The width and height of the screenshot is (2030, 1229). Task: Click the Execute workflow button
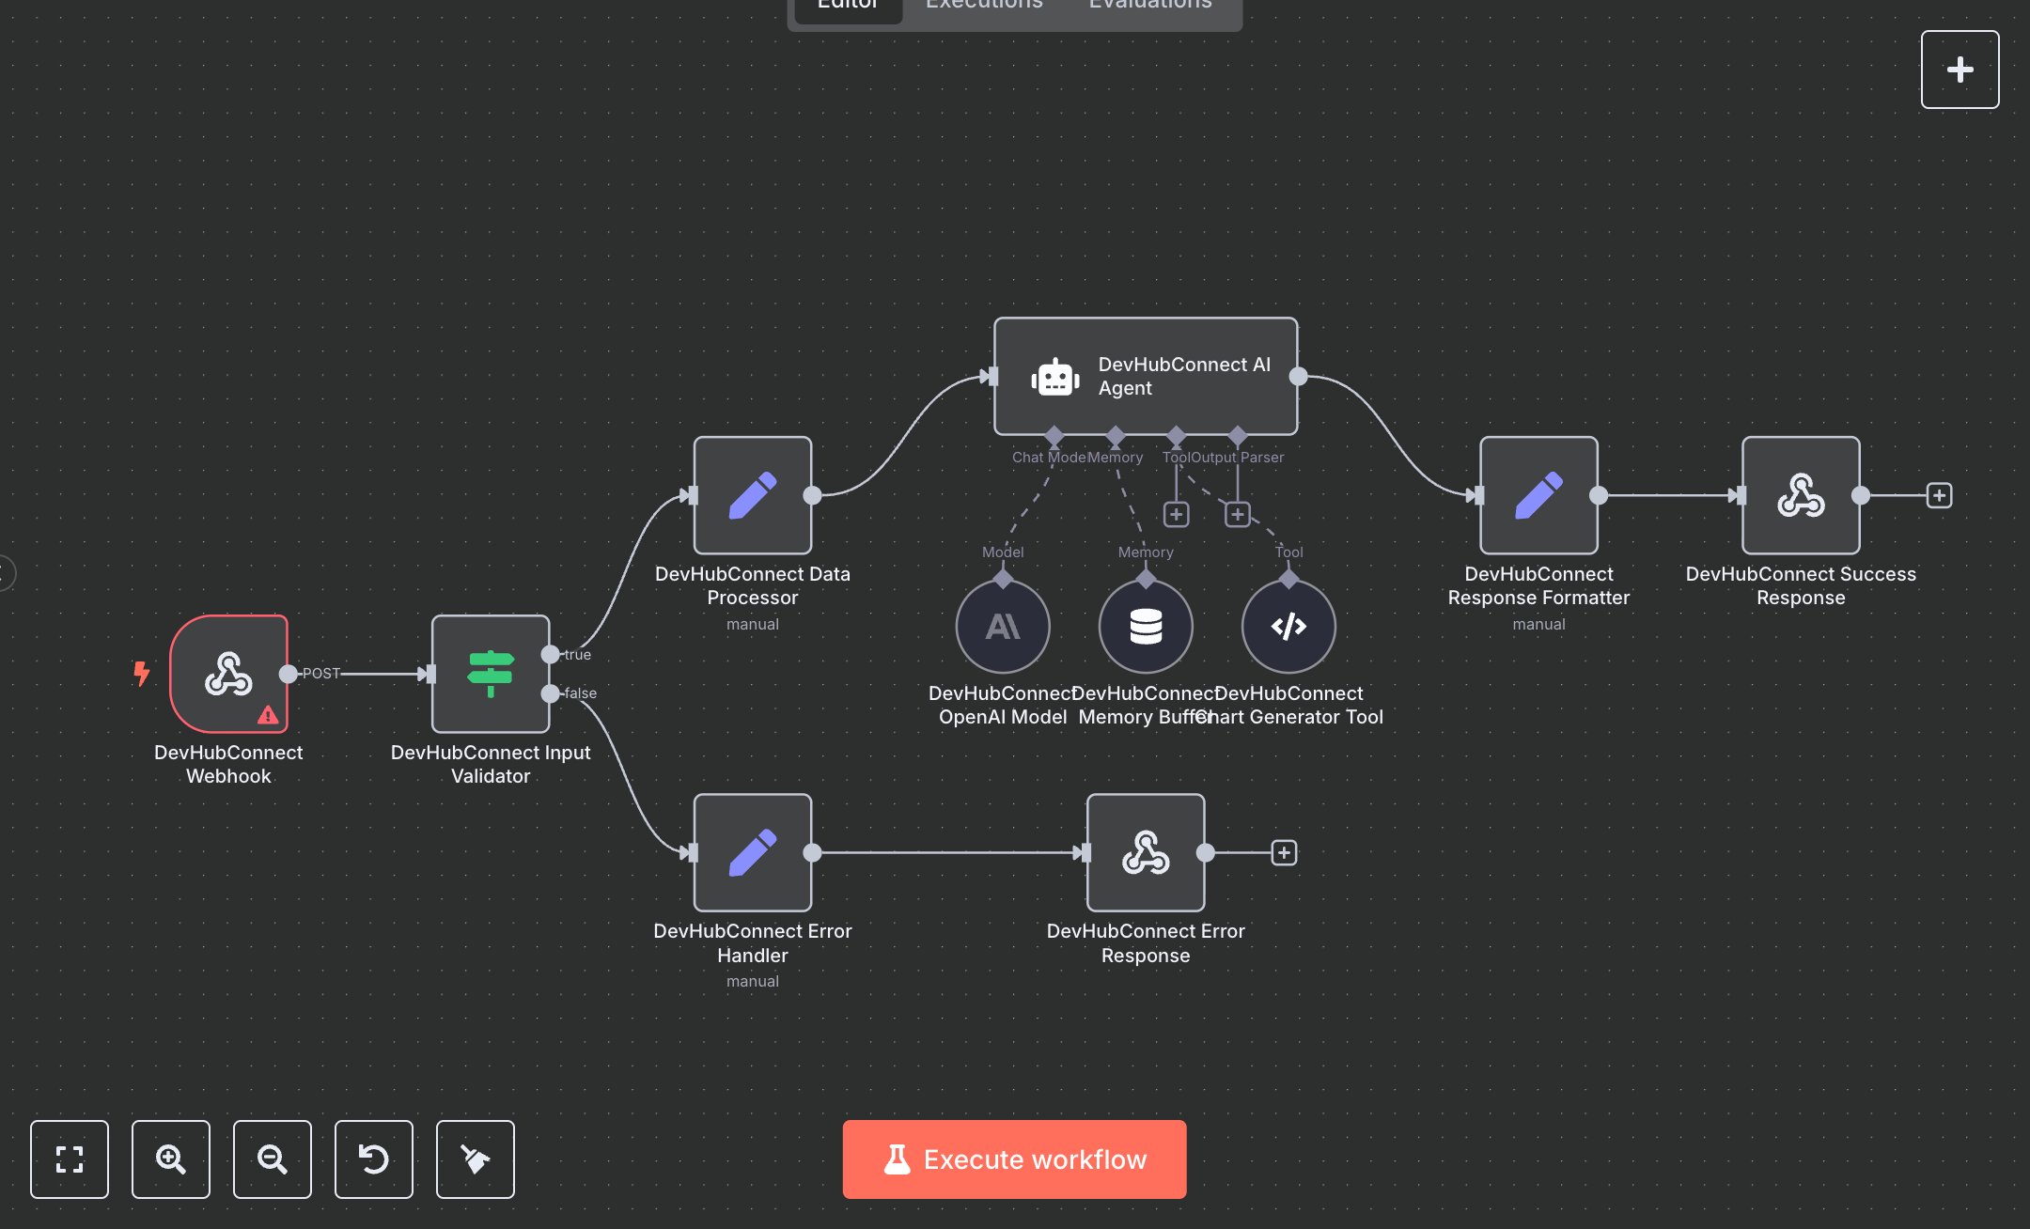[x=1014, y=1159]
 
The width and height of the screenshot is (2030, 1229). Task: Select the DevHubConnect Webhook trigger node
[x=228, y=673]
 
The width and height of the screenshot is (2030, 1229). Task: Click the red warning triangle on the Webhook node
[x=268, y=715]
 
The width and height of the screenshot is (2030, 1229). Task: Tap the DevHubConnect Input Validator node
[x=491, y=673]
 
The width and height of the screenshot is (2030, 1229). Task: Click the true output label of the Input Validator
[x=578, y=655]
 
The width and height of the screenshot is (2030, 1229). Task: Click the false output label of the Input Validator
[x=581, y=693]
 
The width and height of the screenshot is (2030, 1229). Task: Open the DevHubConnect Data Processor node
[x=753, y=495]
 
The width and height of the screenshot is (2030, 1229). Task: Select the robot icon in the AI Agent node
[x=1054, y=377]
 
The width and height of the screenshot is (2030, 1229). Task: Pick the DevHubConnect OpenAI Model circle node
[x=1003, y=627]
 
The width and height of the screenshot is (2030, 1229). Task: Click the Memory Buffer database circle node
[x=1146, y=627]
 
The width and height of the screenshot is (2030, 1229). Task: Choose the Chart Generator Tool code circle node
[x=1288, y=627]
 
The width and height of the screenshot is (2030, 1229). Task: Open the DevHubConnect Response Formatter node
[x=1538, y=495]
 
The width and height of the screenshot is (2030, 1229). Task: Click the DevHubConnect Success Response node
[x=1801, y=495]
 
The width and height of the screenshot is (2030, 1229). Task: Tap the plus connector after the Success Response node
[x=1939, y=495]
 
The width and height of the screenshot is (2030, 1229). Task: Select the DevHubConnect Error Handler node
[x=753, y=852]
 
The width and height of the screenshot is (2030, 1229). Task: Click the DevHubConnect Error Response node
[x=1146, y=852]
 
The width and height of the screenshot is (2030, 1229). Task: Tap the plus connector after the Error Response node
[x=1284, y=852]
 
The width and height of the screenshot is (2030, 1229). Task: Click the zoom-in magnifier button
[x=171, y=1159]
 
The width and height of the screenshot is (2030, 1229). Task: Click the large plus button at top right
[x=1960, y=70]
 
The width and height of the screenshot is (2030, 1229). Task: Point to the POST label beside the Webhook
[x=321, y=674]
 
